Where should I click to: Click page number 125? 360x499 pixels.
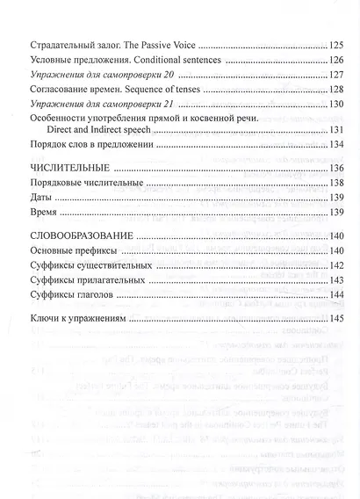click(335, 44)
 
